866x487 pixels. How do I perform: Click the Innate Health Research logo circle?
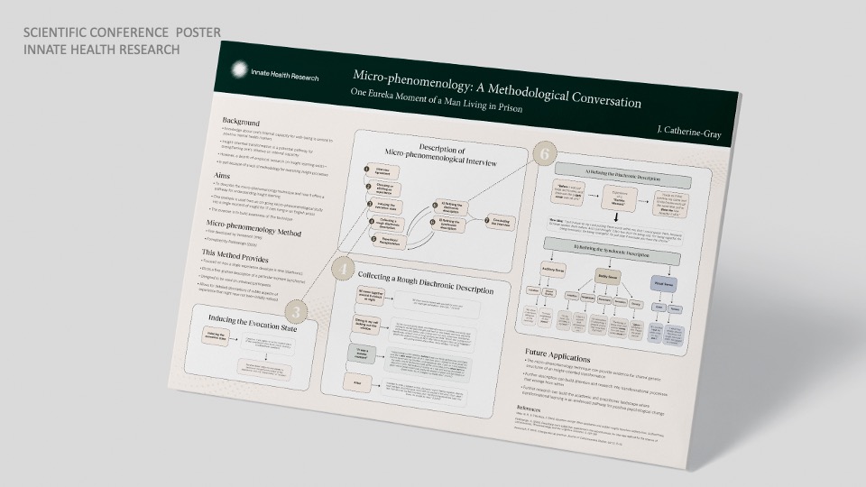(x=237, y=69)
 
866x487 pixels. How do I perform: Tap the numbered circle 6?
(x=544, y=154)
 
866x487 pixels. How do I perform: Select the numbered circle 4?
(x=342, y=267)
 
